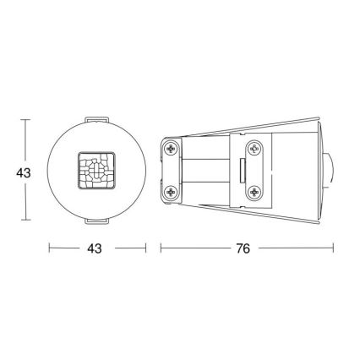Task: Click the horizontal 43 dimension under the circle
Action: [95, 248]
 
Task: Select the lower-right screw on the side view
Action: [252, 194]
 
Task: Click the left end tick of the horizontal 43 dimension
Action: [49, 248]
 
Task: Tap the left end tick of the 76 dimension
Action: [161, 248]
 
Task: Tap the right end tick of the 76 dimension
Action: [333, 248]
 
